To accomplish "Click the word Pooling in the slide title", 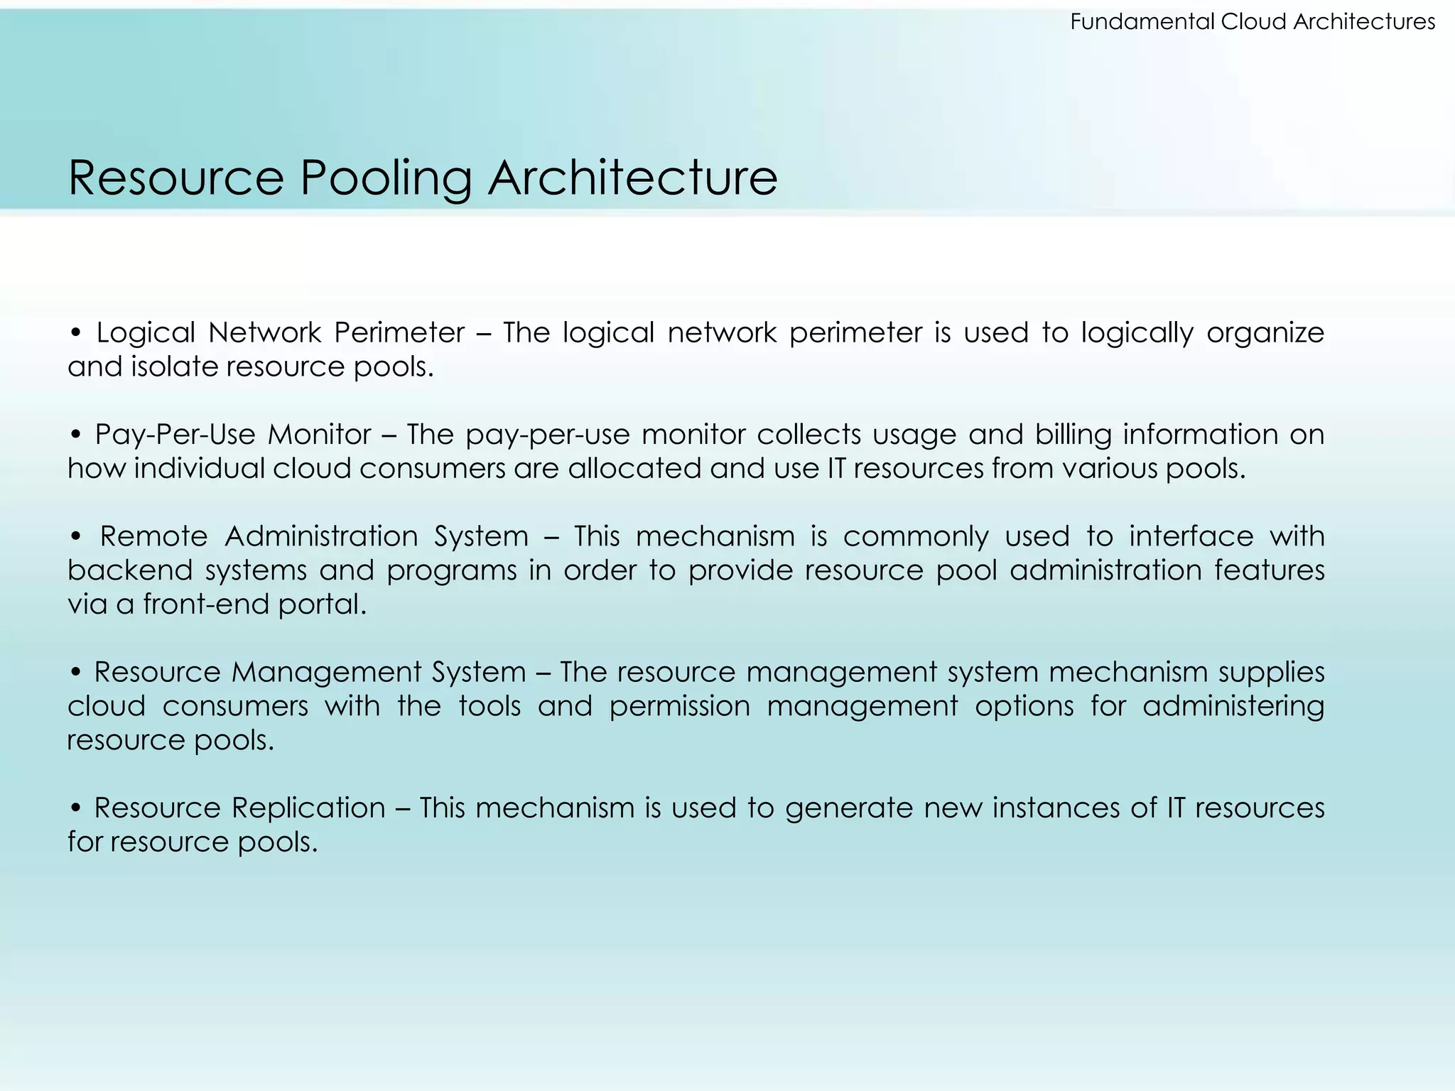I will click(386, 178).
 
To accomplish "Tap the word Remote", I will click(153, 536).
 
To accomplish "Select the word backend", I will click(129, 570).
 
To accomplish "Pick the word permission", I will click(680, 707).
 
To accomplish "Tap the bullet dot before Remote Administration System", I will click(76, 537).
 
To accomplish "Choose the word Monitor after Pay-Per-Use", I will click(319, 435).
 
